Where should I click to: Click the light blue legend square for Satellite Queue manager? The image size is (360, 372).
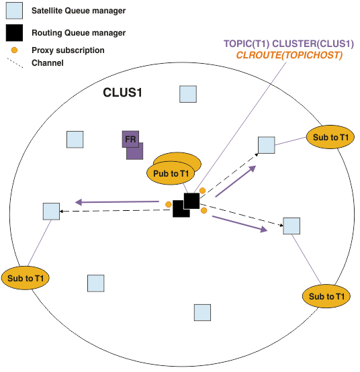coord(14,11)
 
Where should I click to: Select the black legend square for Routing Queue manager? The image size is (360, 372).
coord(14,33)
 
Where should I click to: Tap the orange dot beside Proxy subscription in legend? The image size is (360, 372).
coord(14,50)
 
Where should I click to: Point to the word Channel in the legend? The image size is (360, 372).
coord(48,63)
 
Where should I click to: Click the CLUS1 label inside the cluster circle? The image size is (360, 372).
coord(122,92)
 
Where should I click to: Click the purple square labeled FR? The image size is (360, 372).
coord(130,139)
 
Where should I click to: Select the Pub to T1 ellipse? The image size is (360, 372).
coord(171,173)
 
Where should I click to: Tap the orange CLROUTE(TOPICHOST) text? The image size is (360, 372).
coord(289,55)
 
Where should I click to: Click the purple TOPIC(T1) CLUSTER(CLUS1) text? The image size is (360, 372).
coord(289,44)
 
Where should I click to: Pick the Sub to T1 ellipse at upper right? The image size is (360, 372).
coord(330,137)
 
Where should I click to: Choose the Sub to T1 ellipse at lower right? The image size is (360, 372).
coord(326,296)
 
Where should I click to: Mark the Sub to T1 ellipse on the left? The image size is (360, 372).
coord(26,278)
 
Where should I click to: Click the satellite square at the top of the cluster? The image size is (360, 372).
coord(188,94)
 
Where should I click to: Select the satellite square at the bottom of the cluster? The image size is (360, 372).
coord(202,312)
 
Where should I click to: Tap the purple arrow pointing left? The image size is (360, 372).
coord(117,202)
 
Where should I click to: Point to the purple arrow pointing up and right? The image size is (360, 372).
coord(236,181)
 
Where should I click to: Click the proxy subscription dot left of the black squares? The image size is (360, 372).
coord(169,204)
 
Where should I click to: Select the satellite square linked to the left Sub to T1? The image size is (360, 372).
coord(51,212)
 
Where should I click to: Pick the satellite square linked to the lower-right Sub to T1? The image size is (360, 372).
coord(291,226)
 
